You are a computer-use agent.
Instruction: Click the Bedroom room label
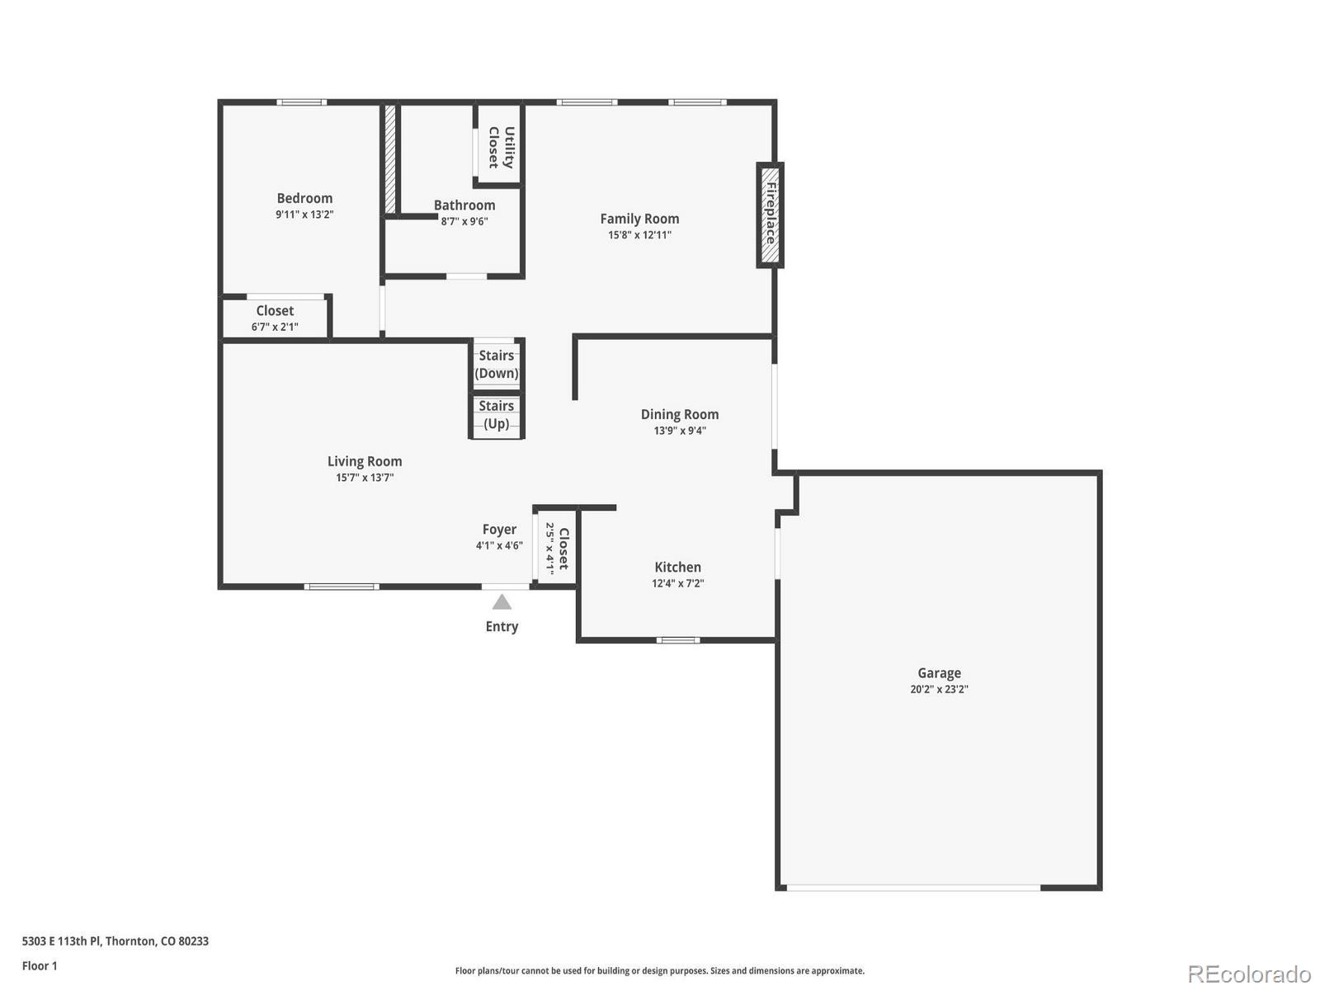coord(304,198)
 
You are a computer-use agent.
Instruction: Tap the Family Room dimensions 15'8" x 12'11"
coord(639,235)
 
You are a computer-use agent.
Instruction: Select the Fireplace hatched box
coord(770,214)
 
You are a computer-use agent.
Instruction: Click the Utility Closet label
coord(501,147)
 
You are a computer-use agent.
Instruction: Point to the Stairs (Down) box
coord(497,364)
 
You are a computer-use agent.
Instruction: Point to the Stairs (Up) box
coord(497,415)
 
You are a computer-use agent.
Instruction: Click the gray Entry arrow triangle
coord(502,602)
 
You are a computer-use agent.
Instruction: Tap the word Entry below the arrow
coord(502,627)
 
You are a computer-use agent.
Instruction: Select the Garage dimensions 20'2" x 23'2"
coord(939,690)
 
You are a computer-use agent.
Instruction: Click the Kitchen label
coord(677,567)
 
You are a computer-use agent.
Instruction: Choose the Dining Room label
coord(680,414)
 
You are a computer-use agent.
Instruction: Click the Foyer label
coord(499,530)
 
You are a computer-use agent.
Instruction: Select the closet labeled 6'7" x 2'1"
coord(275,318)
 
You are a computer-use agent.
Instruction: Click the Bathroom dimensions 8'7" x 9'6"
coord(464,221)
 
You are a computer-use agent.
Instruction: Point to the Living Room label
coord(365,461)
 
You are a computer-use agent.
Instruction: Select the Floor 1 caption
coord(40,965)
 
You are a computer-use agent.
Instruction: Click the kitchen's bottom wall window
coord(678,640)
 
